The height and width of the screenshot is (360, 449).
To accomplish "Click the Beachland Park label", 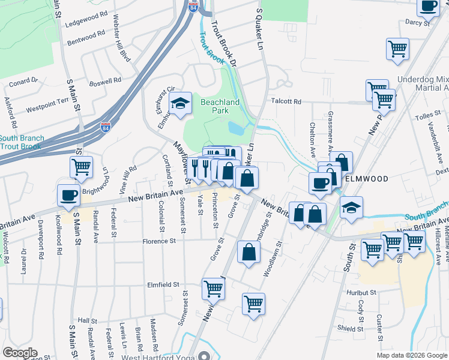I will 220,106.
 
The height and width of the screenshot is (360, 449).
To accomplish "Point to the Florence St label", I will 158,242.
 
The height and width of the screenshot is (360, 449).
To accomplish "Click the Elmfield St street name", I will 163,285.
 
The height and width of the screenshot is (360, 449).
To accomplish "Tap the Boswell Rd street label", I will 105,80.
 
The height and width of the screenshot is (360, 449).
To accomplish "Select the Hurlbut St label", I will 360,293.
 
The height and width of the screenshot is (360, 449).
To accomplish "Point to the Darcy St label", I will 418,23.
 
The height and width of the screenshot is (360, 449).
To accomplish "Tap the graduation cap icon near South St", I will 352,208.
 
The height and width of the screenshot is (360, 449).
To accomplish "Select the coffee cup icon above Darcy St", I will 429,7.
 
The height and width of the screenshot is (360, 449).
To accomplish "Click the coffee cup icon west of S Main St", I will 68,196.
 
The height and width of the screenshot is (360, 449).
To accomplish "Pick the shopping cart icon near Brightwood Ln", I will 81,167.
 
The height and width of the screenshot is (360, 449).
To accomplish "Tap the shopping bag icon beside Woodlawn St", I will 249,253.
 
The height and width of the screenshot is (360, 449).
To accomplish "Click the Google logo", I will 20,353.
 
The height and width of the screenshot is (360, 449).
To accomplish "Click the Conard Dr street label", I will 23,80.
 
